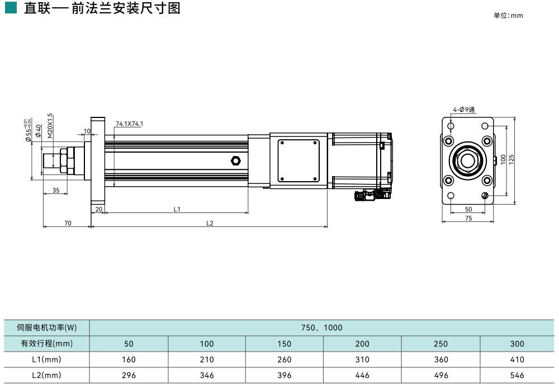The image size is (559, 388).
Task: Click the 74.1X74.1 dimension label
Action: pos(129,124)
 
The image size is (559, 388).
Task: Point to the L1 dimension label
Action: pos(177,209)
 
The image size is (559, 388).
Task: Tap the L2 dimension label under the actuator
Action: pos(210,223)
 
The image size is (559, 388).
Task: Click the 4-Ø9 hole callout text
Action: pos(463,110)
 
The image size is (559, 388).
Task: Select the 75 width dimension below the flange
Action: pos(468,218)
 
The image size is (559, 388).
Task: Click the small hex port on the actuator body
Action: pos(235,161)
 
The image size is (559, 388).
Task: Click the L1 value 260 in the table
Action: pos(284,359)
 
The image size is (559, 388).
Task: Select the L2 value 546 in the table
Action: pos(517,376)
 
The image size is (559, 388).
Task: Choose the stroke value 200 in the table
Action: pos(362,344)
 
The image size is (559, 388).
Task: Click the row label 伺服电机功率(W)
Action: pos(47,328)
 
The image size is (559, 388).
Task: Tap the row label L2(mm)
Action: pos(47,376)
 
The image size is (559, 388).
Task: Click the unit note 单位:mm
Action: pos(508,16)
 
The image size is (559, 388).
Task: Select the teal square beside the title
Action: pos(11,8)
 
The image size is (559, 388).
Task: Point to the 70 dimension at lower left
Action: pos(68,223)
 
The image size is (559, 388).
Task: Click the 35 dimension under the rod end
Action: pos(56,190)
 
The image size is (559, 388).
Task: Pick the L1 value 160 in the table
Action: pos(129,359)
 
